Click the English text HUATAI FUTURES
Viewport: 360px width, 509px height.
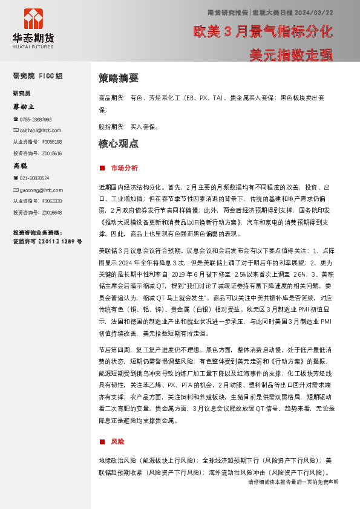33,46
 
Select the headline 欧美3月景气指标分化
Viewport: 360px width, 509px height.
263,31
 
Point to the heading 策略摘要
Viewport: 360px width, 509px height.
118,79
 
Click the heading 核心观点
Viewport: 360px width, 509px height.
118,144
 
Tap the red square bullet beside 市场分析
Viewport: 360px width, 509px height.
102,167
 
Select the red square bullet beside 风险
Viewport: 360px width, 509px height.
102,442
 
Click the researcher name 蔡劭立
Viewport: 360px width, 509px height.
24,106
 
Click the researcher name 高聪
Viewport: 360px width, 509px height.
21,166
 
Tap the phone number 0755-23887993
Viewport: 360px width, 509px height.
36,120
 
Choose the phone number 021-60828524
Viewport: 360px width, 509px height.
34,178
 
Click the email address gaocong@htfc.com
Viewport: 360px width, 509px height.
41,190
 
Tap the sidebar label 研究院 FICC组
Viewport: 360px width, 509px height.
38,76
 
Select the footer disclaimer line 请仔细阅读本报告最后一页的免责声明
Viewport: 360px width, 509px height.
293,482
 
